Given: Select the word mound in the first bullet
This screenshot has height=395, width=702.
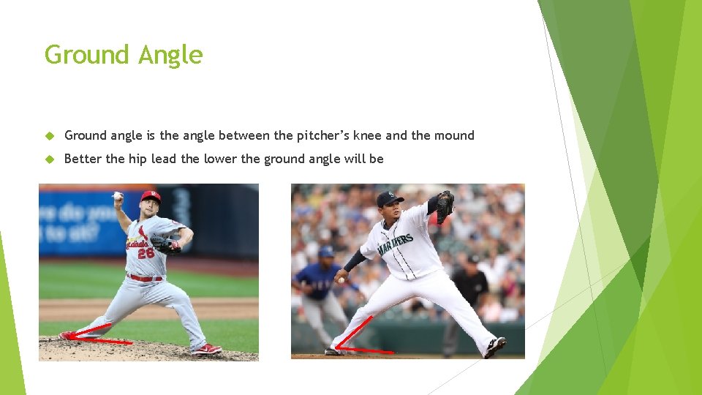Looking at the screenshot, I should (453, 135).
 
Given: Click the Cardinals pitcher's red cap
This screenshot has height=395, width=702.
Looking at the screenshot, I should (151, 196).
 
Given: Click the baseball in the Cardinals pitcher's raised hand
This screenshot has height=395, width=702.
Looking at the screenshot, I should (117, 195).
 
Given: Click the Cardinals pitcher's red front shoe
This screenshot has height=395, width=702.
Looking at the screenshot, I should (206, 349).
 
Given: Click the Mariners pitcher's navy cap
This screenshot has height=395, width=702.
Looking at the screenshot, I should (389, 197).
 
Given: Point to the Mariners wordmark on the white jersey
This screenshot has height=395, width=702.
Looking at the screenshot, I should (396, 244).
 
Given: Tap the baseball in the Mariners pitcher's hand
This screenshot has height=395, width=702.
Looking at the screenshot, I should (340, 280).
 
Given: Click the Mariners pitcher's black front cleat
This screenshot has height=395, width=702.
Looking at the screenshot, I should (495, 346).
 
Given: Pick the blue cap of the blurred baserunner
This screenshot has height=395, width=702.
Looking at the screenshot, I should (326, 252).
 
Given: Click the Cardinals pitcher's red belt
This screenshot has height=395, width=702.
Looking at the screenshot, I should (145, 278).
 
